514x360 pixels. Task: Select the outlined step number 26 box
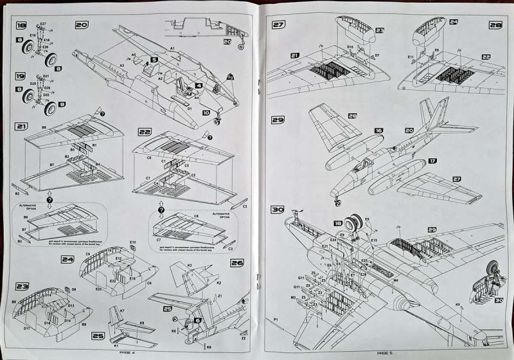point(236,263)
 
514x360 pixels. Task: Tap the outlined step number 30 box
point(278,209)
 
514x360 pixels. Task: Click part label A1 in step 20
point(172,48)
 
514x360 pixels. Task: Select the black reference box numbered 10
point(206,111)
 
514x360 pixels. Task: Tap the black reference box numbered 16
point(378,130)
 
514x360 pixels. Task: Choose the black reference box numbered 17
point(432,161)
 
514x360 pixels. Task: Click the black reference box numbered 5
point(154,60)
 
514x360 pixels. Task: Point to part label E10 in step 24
point(132,242)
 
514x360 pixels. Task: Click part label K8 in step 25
point(141,321)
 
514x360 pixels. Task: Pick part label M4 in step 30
point(396,280)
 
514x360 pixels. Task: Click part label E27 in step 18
point(42,24)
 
